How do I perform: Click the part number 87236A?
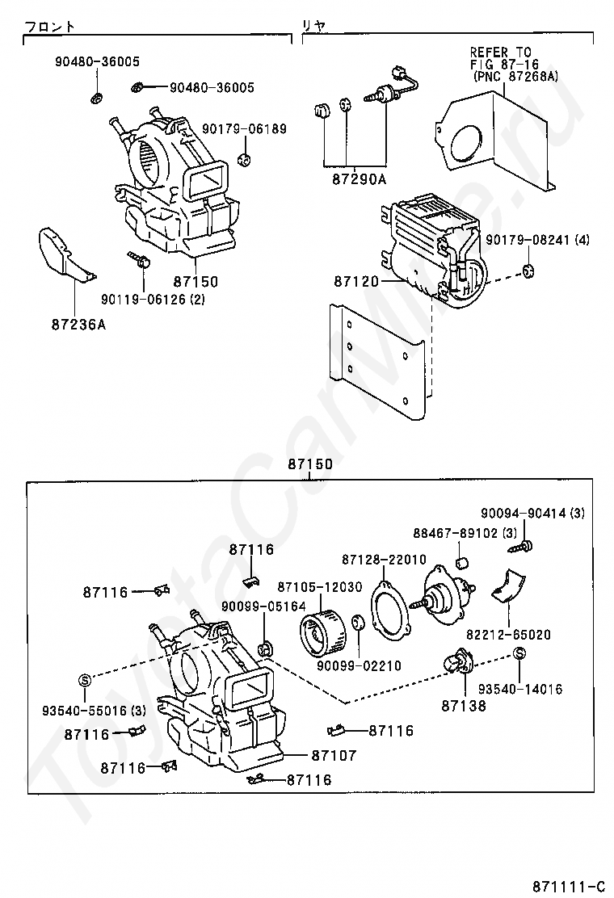(x=78, y=325)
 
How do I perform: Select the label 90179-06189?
(x=243, y=129)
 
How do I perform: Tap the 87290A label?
(x=360, y=179)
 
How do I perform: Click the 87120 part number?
(x=356, y=281)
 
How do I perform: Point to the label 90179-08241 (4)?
(x=538, y=239)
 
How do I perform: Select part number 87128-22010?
(x=384, y=559)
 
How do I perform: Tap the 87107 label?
(x=334, y=755)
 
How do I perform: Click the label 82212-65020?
(x=509, y=635)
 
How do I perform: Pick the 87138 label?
(x=464, y=706)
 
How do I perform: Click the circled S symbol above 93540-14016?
(x=519, y=653)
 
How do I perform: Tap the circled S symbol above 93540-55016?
(x=85, y=680)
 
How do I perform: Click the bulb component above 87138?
(x=458, y=665)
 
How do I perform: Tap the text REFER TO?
(x=500, y=52)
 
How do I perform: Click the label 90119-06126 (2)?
(x=153, y=299)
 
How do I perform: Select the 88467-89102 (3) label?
(x=465, y=533)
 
